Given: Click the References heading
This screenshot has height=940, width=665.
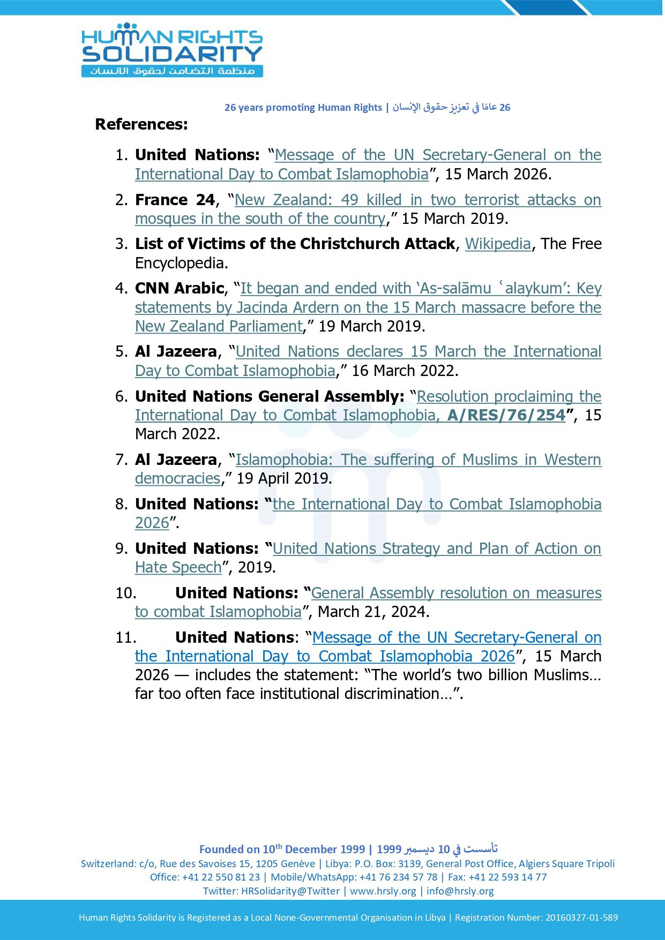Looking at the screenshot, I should pos(141,124).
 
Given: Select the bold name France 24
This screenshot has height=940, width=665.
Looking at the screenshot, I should pos(175,200).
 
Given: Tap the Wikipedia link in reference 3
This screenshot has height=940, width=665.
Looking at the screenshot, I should pos(497,244).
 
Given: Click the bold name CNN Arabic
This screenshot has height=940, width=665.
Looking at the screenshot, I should pos(180,288).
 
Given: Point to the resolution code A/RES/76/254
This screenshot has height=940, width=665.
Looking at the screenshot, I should pos(506,415).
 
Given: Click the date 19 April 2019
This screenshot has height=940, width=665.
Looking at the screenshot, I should pos(284,478).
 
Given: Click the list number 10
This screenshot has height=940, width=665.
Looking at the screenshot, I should pos(125,593).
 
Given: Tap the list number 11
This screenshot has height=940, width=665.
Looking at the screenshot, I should pos(125,637).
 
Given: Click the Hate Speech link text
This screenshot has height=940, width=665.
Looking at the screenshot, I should pos(178,567).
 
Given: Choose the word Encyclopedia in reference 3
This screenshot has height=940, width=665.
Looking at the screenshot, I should pos(181,263).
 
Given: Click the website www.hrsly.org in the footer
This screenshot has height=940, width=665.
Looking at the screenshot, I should pos(383,891).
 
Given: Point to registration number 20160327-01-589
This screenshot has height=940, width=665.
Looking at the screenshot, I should pos(581,918).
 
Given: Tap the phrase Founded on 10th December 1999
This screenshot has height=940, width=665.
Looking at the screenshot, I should pos(282,849).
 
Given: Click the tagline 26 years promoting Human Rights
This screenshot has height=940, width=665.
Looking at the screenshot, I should pos(303,107).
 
